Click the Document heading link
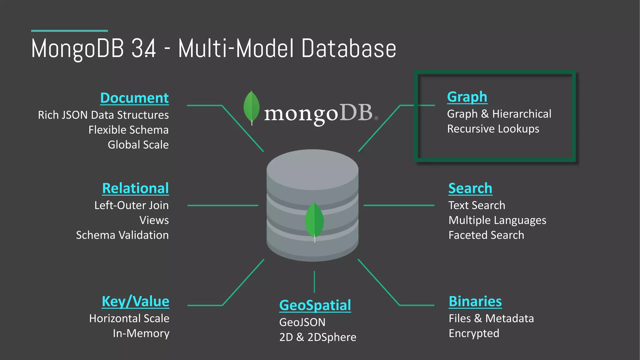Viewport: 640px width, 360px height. pos(134,98)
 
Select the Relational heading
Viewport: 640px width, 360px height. pos(135,188)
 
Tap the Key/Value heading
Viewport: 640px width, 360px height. pos(135,302)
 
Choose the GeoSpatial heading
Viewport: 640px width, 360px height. pos(315,305)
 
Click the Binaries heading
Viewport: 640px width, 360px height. pos(475,302)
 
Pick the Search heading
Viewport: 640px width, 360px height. pos(470,188)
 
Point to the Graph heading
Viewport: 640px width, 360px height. pos(467,97)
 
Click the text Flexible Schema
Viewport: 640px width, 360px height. pos(128,130)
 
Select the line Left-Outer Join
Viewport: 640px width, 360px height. pos(131,205)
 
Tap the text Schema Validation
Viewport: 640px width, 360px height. pos(122,235)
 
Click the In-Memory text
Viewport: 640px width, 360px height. pos(141,333)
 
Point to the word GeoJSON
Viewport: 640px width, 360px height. pos(302,322)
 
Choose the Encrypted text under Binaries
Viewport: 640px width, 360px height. pos(474,333)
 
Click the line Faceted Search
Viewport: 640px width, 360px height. pos(486,235)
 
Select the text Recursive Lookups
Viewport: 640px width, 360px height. pos(493,129)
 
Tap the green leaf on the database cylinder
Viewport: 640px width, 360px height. pos(314,220)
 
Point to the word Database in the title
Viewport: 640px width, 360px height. pos(349,49)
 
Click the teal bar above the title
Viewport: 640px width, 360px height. pos(69,31)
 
